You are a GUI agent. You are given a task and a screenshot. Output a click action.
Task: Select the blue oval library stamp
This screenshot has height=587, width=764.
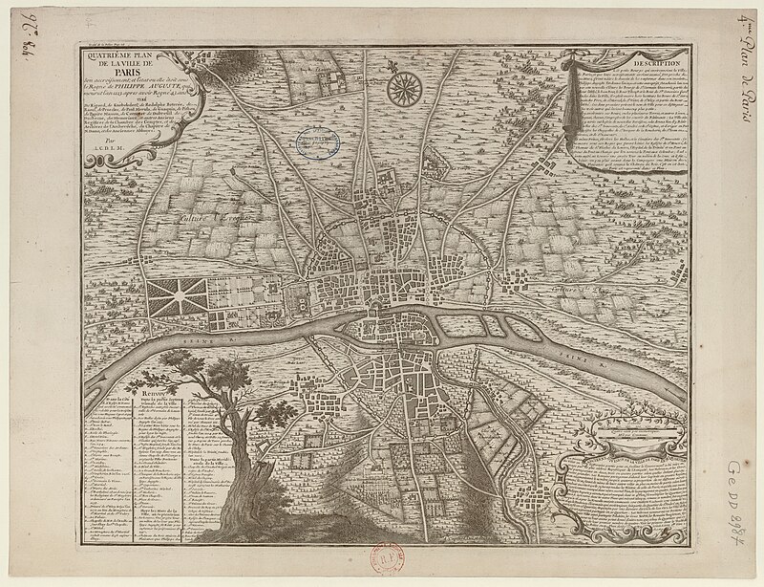click(322, 142)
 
